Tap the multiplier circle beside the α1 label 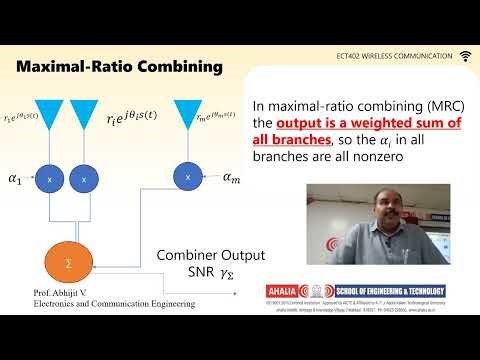(50, 180)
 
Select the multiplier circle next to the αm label (188, 176)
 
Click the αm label (231, 177)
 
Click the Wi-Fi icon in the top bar (466, 55)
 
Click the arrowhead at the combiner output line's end (236, 293)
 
